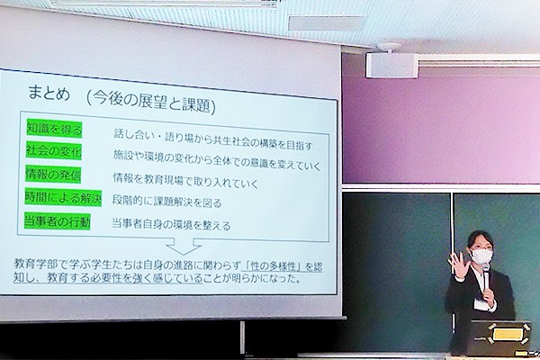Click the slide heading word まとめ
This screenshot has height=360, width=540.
point(49,93)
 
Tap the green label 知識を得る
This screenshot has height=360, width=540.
point(54,130)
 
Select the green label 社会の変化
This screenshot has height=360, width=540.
point(54,151)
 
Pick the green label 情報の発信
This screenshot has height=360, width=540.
point(53,175)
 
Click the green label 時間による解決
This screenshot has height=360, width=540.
point(63,198)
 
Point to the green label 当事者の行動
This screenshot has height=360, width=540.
point(58,220)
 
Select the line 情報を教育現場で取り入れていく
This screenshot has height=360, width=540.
point(185,181)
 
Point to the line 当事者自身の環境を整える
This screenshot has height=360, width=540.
point(171,224)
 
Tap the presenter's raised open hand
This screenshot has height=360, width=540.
point(457,264)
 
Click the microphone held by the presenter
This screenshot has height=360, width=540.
point(487,279)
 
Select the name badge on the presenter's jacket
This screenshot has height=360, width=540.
point(481,303)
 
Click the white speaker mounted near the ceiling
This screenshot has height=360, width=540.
point(391,65)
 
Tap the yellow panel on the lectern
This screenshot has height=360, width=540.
point(507,334)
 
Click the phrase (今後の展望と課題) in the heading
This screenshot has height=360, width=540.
point(151,102)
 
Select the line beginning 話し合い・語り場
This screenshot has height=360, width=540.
point(212,139)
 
